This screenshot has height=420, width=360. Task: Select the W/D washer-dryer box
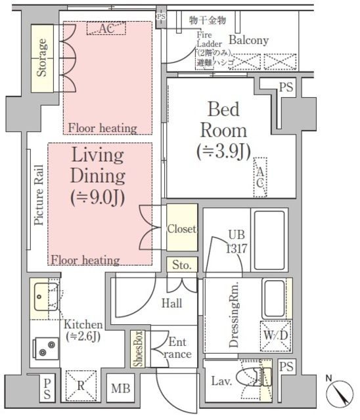pos(275,336)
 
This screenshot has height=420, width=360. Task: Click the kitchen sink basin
pos(46,297)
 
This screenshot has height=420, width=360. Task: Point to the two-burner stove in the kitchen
pos(45,349)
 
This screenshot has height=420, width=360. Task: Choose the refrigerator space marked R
pos(81,386)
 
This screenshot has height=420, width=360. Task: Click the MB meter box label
pos(121,388)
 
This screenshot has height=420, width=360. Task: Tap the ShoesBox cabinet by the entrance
pos(138,348)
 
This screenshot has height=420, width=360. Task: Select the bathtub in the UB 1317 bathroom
pos(269,240)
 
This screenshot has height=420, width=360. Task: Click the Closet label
pos(181,229)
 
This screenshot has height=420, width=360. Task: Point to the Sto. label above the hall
pos(182,264)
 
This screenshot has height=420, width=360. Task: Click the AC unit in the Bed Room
pos(260,177)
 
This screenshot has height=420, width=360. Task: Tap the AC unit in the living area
pos(106,28)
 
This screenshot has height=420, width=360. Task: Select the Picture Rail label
pos(39,195)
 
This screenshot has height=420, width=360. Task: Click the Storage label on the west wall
pos(41,58)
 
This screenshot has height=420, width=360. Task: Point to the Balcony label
pos(248,40)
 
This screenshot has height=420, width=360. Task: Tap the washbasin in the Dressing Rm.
pos(274,299)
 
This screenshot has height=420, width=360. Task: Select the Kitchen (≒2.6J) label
pos(83,331)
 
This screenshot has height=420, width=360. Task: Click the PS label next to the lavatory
pos(286,366)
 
